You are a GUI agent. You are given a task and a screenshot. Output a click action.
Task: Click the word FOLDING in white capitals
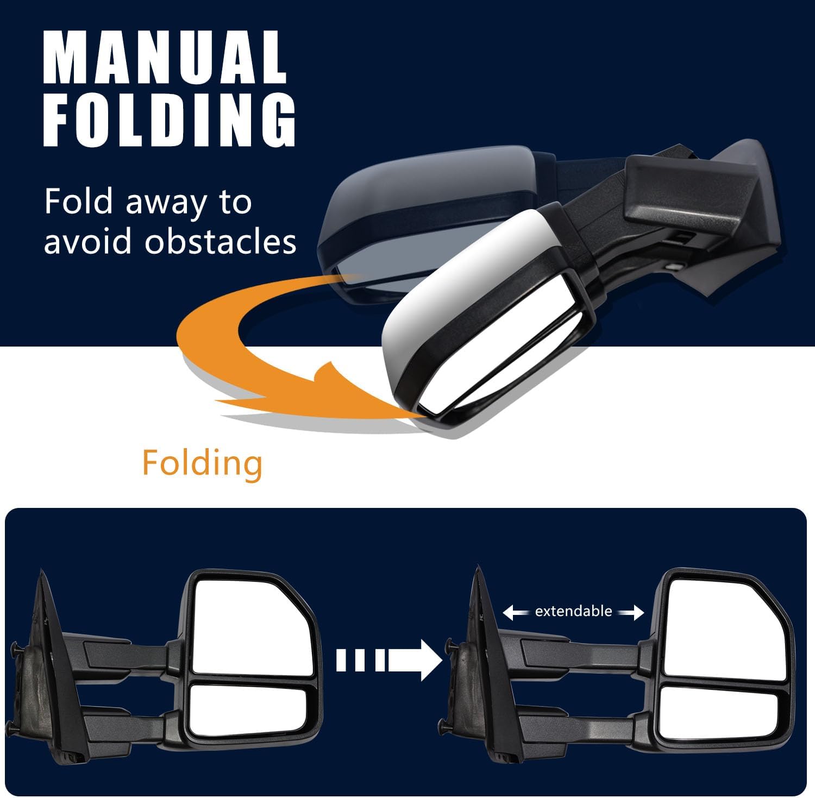170,121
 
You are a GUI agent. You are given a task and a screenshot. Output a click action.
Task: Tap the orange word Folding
202,463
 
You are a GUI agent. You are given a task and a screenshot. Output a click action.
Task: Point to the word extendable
573,611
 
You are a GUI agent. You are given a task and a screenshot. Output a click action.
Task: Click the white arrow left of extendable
516,613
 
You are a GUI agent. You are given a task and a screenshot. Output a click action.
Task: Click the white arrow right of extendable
631,613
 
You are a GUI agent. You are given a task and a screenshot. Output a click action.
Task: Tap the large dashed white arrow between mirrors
388,660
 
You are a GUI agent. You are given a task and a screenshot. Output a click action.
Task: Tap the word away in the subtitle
166,202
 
